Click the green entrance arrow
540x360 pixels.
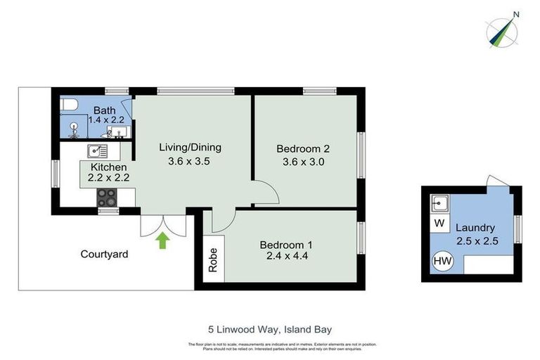163,240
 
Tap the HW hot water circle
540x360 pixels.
442,261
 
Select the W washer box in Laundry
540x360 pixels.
439,224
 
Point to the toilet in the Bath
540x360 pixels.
69,105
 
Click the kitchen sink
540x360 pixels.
96,150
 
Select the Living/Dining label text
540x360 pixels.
190,147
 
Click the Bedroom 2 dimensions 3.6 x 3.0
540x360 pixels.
302,162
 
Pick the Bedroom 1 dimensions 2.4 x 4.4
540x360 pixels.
286,257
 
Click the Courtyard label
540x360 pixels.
104,254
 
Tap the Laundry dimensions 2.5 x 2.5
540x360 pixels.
476,240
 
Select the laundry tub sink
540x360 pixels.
440,204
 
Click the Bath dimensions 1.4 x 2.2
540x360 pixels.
106,120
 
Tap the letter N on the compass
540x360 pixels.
516,13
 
